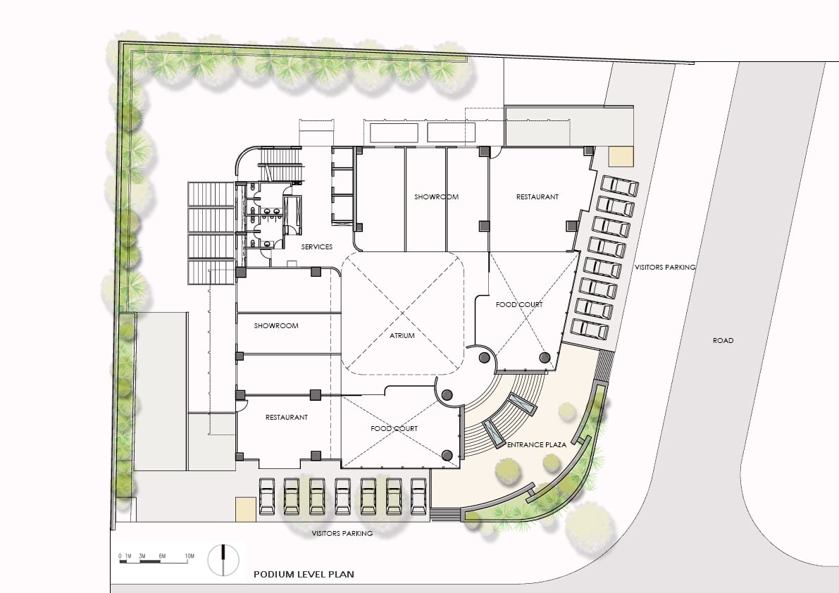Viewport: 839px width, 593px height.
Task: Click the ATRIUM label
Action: [x=402, y=336]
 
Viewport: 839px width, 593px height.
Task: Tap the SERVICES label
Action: [x=317, y=246]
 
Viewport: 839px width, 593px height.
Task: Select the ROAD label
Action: [x=723, y=340]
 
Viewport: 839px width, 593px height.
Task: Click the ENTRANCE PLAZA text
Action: [x=537, y=444]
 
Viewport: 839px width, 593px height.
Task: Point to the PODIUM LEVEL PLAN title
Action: [x=304, y=574]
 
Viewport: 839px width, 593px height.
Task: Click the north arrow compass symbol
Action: [x=223, y=560]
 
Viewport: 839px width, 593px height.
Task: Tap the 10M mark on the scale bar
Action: [x=189, y=556]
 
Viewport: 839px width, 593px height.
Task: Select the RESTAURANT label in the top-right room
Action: [x=537, y=196]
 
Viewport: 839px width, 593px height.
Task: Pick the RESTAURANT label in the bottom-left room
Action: [x=287, y=417]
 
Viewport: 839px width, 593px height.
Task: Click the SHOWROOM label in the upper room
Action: [x=437, y=196]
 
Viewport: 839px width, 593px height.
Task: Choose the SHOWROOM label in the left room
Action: [x=276, y=325]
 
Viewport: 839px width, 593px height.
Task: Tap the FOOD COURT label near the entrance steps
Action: [x=394, y=428]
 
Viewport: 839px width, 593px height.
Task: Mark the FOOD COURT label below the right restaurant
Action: [x=519, y=304]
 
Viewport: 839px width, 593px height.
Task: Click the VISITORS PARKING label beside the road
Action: [x=665, y=267]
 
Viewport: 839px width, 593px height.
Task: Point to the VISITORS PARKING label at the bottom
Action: [x=342, y=533]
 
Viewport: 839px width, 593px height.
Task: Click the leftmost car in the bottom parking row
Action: [x=266, y=497]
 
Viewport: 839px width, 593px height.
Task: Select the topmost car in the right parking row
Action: [x=619, y=186]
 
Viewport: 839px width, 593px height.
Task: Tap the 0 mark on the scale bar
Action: [x=120, y=556]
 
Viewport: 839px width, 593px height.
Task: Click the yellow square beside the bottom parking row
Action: [x=246, y=510]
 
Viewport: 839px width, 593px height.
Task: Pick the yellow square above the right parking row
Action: [x=621, y=156]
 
